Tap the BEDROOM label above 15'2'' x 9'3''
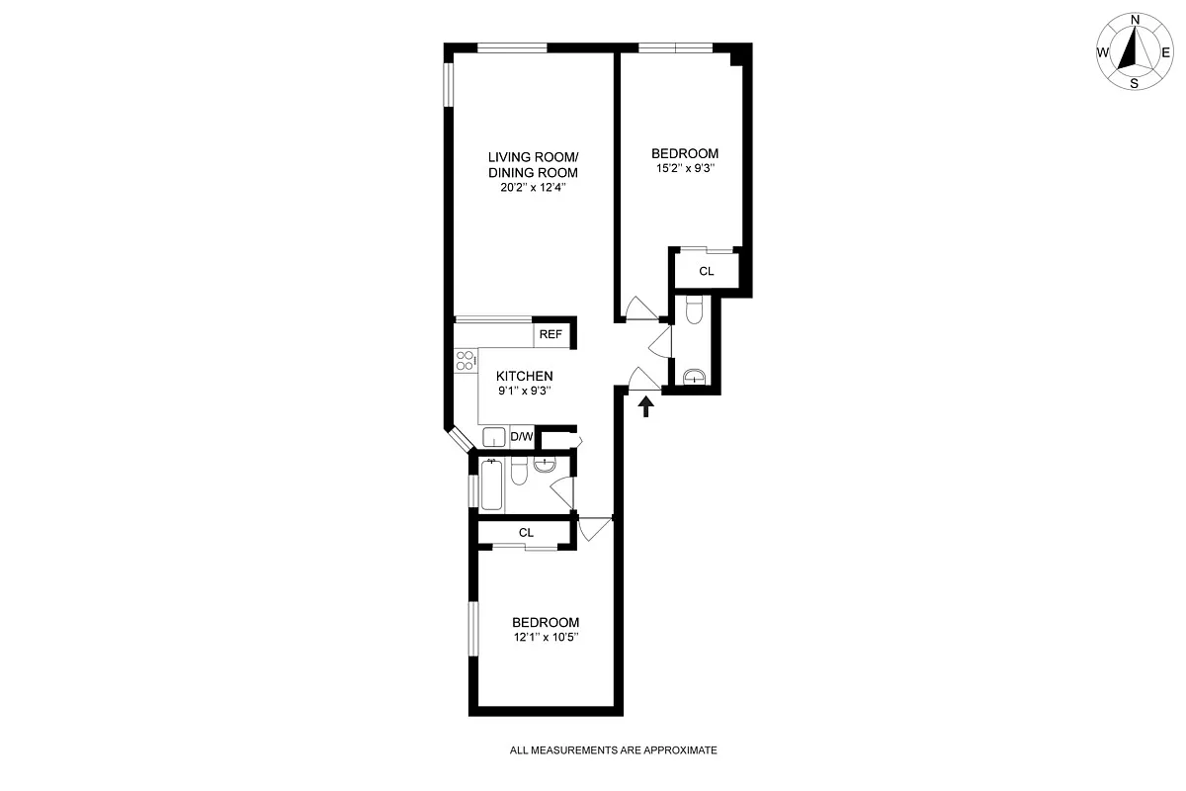click(684, 153)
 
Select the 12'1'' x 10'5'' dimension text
click(545, 638)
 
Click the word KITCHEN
click(524, 376)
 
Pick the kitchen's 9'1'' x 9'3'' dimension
click(524, 391)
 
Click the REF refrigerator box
click(551, 335)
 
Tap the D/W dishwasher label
click(522, 437)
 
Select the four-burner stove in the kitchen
click(465, 361)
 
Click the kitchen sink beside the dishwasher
click(494, 437)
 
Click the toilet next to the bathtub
click(520, 473)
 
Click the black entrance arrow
click(647, 405)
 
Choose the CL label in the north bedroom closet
click(706, 271)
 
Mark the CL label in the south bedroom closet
click(526, 533)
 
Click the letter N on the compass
click(1136, 19)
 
